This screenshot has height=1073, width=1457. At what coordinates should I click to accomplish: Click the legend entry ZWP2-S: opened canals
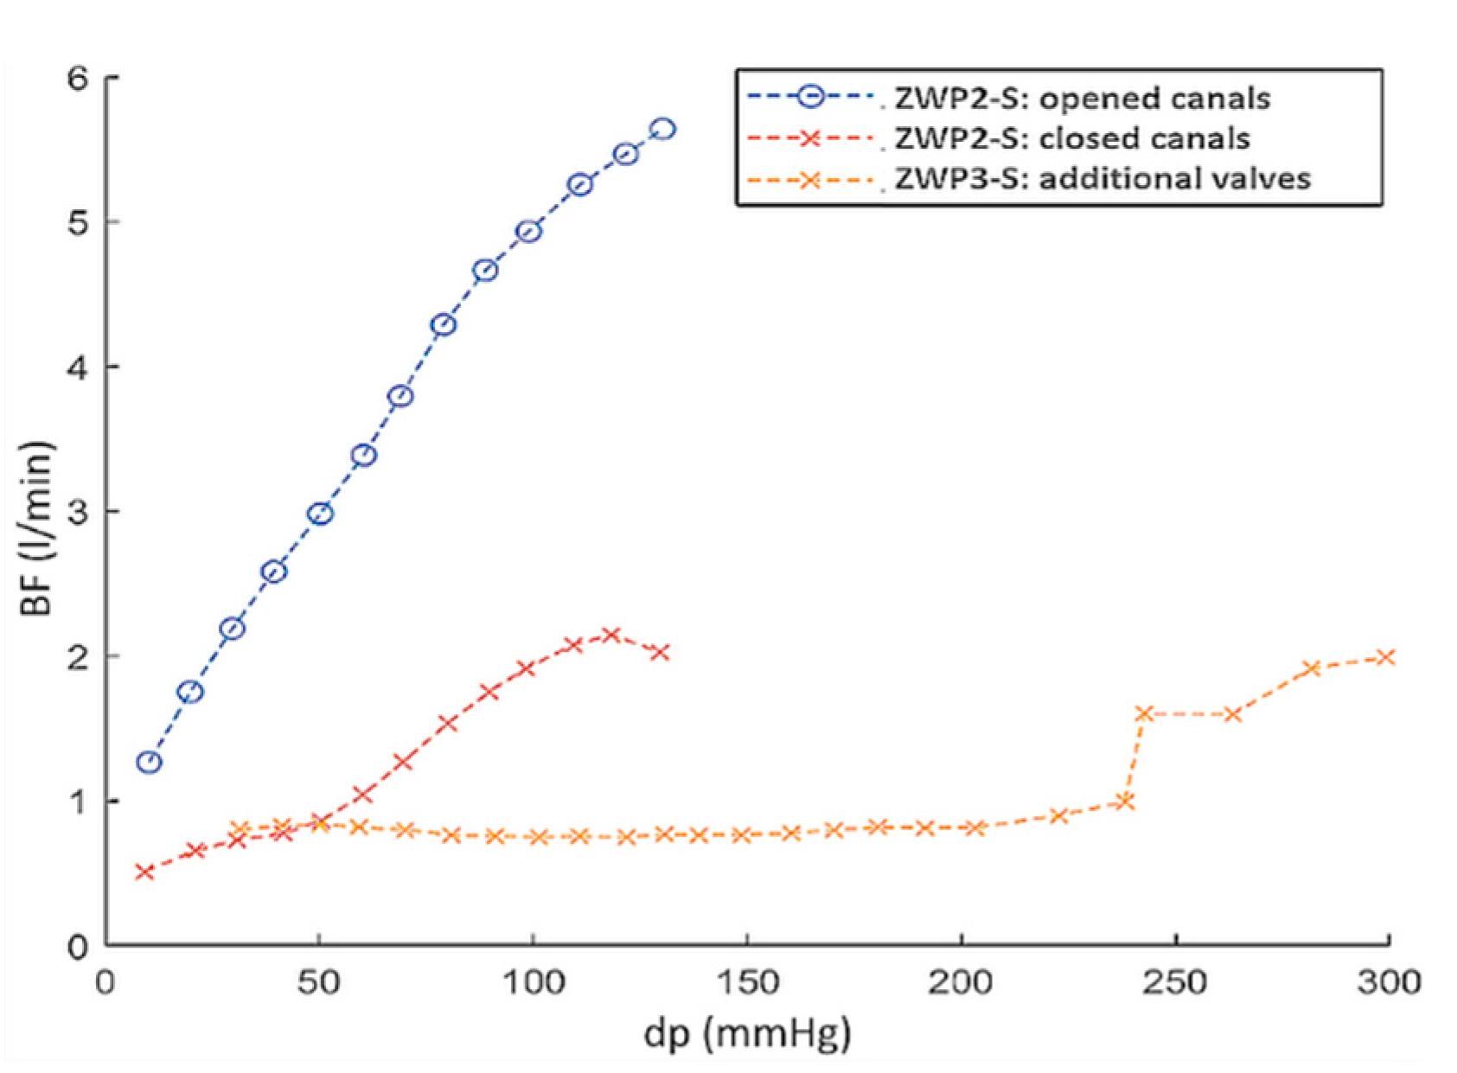click(1081, 98)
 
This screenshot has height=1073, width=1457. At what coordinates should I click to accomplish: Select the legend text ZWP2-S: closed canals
click(1071, 138)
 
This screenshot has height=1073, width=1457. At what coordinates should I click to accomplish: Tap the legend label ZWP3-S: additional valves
click(1102, 179)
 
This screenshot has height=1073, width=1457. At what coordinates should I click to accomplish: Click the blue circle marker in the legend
click(810, 97)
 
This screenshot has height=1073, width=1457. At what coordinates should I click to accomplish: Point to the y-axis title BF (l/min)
click(37, 528)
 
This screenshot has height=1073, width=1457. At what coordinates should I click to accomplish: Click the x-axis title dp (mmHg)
click(747, 1032)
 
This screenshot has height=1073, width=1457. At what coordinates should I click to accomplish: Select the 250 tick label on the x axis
click(1173, 983)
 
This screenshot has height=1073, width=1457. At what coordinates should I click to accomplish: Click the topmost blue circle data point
click(663, 129)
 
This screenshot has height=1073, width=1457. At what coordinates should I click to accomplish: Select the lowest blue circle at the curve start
click(150, 762)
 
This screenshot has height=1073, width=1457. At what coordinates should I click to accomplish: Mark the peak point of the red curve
click(611, 635)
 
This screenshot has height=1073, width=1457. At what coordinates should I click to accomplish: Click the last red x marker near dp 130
click(661, 652)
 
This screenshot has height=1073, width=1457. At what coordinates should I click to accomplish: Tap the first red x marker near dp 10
click(144, 872)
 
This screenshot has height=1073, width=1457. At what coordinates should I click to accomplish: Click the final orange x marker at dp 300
click(1385, 657)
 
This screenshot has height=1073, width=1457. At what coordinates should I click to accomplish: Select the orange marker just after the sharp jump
click(1144, 713)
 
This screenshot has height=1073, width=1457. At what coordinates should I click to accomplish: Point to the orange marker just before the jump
click(1124, 802)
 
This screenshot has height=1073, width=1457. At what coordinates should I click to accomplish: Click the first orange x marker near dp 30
click(240, 829)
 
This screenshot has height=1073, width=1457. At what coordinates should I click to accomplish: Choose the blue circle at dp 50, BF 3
click(320, 514)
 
